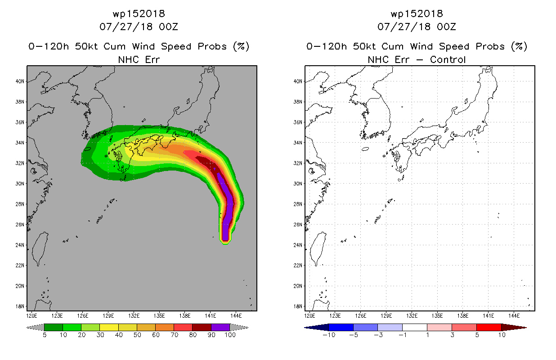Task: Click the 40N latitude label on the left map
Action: (20, 81)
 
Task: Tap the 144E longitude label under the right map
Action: (514, 316)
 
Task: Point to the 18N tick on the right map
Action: (298, 306)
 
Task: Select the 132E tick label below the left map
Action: (134, 316)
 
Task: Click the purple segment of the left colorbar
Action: (220, 327)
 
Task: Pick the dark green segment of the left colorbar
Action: (54, 327)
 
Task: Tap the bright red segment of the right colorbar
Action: (489, 327)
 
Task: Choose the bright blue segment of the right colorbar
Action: (341, 327)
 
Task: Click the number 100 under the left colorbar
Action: (230, 335)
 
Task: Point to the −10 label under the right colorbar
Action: (329, 335)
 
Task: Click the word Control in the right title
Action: (448, 59)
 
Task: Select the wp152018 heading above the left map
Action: (139, 13)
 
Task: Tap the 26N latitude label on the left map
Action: (20, 225)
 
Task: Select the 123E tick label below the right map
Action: (335, 316)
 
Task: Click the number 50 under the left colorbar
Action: (137, 335)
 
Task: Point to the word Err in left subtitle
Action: (152, 59)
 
